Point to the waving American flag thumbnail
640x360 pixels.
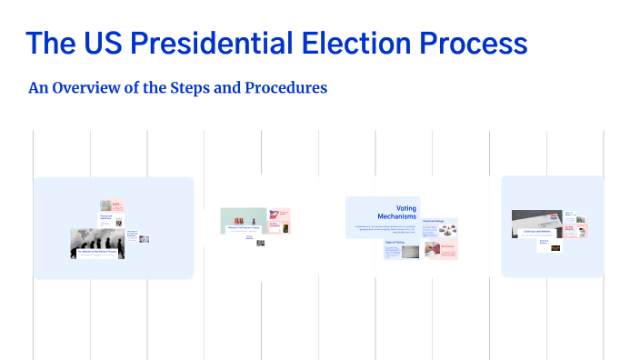pos(273,215)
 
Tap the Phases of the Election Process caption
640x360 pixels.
pos(243,229)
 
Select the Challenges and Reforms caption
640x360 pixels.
pos(537,232)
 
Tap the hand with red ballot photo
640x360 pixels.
pos(431,250)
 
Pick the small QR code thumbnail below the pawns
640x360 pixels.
pos(260,243)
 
